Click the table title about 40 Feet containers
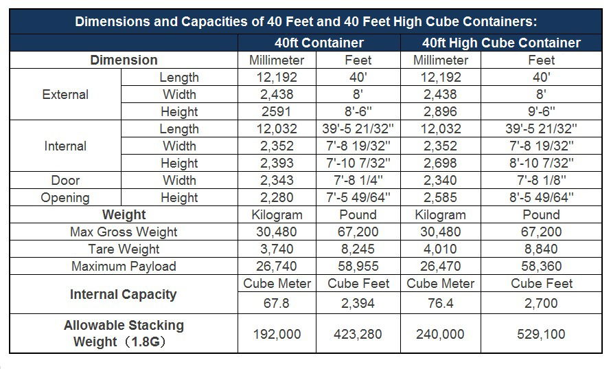(x=305, y=21)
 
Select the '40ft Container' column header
(x=319, y=43)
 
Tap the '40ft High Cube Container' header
(x=501, y=43)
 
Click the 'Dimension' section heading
(x=124, y=60)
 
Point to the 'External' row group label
(x=65, y=94)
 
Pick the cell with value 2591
(x=277, y=111)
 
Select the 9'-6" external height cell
(x=541, y=111)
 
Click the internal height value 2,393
(x=277, y=163)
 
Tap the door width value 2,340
(x=441, y=180)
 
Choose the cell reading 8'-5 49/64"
(x=541, y=197)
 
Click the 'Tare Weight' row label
(x=124, y=249)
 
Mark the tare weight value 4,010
(x=441, y=249)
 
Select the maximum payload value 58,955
(x=358, y=266)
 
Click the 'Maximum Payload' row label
(x=124, y=266)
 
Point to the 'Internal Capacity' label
(x=124, y=294)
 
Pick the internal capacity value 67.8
(x=277, y=303)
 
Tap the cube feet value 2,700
(x=541, y=303)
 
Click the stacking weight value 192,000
(x=277, y=334)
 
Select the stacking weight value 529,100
(x=541, y=334)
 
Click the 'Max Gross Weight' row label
(x=124, y=232)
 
